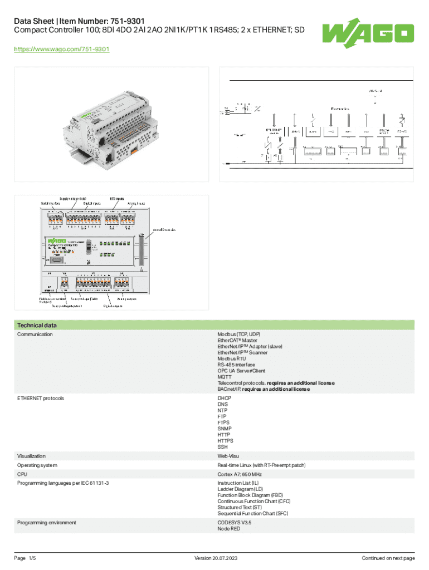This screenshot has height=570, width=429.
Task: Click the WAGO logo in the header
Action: [368, 32]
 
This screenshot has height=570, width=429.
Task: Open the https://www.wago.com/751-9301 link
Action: [62, 50]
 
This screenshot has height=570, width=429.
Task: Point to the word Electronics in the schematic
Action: [340, 108]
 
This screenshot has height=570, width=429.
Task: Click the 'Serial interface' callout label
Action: [51, 203]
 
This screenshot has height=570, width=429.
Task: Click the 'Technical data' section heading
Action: [37, 325]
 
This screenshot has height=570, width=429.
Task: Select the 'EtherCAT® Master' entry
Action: [237, 340]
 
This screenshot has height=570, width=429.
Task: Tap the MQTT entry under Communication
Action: [225, 377]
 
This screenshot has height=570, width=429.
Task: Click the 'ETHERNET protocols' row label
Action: [41, 399]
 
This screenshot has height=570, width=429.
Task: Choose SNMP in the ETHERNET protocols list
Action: [225, 429]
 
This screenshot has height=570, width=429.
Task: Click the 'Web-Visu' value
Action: [228, 456]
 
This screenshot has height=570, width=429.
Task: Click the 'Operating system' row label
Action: [37, 465]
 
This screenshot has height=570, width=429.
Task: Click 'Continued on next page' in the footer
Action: [388, 558]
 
